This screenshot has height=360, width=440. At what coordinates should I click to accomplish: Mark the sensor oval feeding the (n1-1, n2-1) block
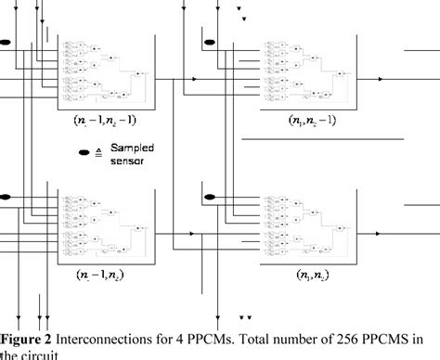pos(5,41)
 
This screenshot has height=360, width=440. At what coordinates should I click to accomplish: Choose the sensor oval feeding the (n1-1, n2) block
pos(5,197)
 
